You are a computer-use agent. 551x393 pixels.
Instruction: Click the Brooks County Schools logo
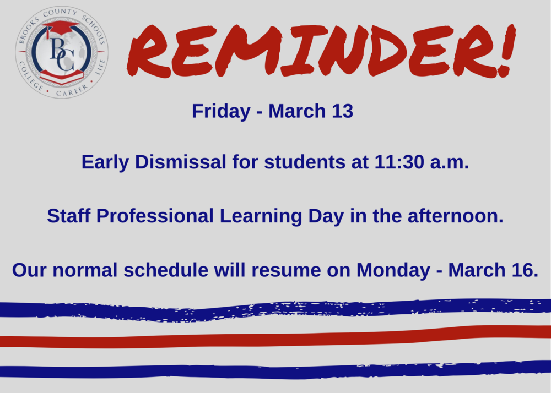(62, 52)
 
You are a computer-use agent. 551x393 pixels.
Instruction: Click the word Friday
(220, 111)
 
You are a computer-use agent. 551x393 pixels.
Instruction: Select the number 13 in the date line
(342, 111)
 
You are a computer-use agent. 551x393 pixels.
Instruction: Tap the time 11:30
(395, 162)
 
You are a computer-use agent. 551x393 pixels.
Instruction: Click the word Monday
(393, 270)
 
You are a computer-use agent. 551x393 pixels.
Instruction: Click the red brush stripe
(275, 337)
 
